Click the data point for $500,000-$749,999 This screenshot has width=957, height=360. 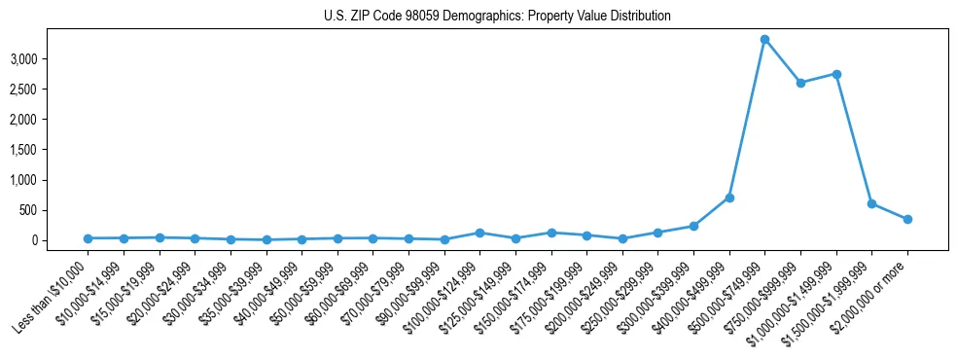[x=764, y=39]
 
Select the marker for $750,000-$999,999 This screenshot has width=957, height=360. [x=800, y=83]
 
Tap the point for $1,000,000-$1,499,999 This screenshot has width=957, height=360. [x=836, y=74]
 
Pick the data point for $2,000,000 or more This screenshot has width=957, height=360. [x=907, y=219]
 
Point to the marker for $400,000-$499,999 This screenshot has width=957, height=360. [x=729, y=198]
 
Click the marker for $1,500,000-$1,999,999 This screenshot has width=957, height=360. [x=871, y=203]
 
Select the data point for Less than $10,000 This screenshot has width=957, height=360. [x=88, y=238]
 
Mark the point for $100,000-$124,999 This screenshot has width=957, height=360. [x=479, y=233]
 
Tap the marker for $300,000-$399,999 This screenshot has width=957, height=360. [x=693, y=226]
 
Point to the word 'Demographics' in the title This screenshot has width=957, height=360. [x=483, y=17]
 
